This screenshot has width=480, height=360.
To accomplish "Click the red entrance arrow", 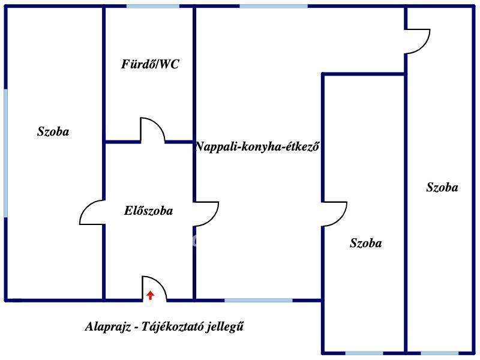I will tap(150, 295).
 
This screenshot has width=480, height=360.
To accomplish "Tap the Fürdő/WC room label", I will tap(150, 65).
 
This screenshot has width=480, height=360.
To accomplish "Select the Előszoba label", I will tap(148, 211).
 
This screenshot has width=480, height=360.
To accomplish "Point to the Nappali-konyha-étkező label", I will tap(257, 146).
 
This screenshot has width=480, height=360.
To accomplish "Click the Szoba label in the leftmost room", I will tap(53, 132).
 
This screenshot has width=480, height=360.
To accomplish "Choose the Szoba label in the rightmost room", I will tap(442, 188).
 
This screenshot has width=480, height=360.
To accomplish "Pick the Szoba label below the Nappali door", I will tap(365, 244).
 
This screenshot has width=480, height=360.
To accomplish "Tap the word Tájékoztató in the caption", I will tap(174, 328).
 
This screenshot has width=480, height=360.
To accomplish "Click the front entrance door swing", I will tap(154, 288).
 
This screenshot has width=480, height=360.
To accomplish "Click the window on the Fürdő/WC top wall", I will tap(152, 6).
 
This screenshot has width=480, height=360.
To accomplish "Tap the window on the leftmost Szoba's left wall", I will tap(5, 153).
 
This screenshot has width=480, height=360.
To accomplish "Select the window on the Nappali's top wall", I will tap(274, 6).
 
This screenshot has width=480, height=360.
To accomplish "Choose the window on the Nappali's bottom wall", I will tap(259, 300).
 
